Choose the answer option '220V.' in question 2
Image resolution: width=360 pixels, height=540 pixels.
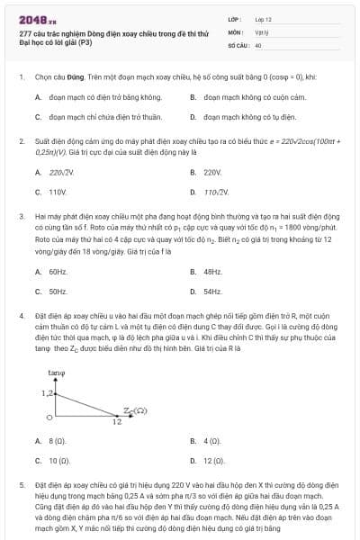212,171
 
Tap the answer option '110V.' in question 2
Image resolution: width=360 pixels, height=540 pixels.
58,192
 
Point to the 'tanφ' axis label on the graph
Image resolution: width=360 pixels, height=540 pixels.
55,372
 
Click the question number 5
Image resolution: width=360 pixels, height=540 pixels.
21,483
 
